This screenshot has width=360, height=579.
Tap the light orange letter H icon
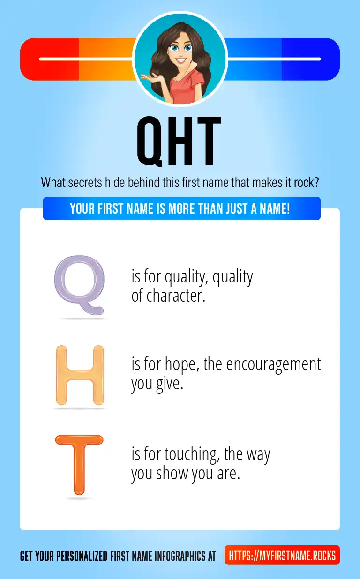[x=80, y=375]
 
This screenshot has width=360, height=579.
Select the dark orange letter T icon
[x=79, y=464]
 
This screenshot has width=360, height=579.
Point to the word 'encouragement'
[x=273, y=364]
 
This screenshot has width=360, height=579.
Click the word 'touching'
[x=192, y=454]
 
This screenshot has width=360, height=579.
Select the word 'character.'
[x=176, y=296]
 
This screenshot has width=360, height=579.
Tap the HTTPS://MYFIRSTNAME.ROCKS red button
[x=282, y=556]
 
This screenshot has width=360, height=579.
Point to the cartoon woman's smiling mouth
[x=180, y=61]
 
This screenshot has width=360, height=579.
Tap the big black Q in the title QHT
[x=150, y=141]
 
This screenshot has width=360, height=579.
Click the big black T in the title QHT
[x=206, y=141]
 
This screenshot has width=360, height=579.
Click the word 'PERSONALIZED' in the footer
[x=82, y=556]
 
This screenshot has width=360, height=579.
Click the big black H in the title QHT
[x=177, y=141]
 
